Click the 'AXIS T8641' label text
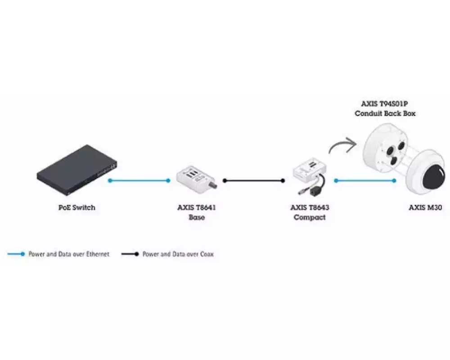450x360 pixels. (197, 208)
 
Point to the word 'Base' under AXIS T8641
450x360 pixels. (197, 217)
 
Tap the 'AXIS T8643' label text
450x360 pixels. (310, 208)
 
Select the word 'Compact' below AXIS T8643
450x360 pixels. (310, 217)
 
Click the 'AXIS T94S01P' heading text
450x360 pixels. (385, 104)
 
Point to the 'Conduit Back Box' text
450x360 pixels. (385, 113)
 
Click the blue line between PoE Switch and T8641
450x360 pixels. (139, 180)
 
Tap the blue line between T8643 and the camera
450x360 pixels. (365, 180)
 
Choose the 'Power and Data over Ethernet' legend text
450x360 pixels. (69, 254)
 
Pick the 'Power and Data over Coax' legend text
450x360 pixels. (178, 254)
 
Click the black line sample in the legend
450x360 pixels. (130, 254)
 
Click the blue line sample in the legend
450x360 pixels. (16, 254)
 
